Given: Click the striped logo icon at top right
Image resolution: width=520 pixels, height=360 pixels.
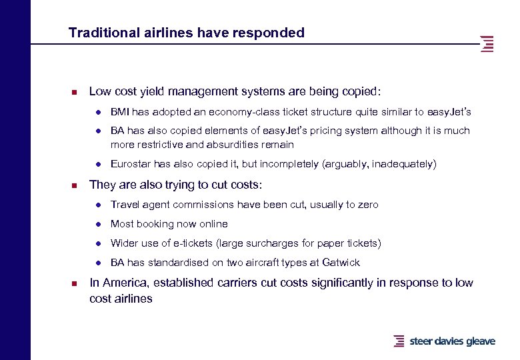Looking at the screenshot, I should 487,43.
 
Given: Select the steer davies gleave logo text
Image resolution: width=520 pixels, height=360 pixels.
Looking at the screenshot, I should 452,341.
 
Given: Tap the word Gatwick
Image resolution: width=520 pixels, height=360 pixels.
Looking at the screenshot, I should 341,262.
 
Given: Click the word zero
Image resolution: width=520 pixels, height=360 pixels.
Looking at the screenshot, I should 367,205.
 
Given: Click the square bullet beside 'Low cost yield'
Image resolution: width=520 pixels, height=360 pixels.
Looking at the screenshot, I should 75,92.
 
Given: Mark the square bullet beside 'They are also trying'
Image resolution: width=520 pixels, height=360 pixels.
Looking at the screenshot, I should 75,185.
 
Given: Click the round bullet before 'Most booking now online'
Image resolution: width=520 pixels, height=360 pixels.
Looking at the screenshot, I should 97,224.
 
